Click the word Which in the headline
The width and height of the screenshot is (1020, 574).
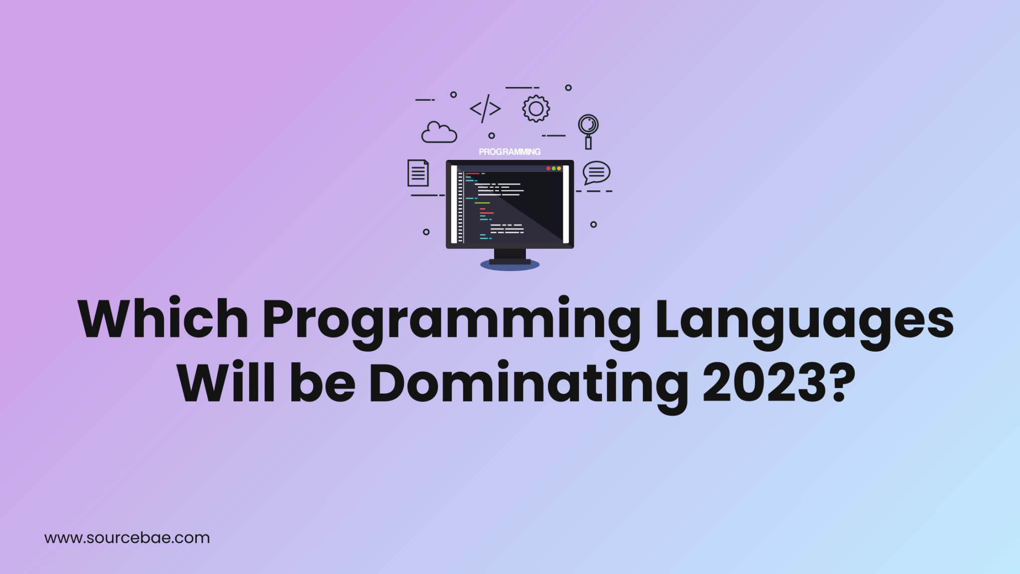(163, 319)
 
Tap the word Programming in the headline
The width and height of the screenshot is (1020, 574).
(451, 321)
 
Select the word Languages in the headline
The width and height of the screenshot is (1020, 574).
(804, 321)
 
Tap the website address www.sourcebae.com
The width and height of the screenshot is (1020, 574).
(127, 538)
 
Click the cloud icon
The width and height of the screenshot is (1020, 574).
(439, 133)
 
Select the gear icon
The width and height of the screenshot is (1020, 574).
(536, 109)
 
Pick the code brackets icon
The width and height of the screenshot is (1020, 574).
(485, 109)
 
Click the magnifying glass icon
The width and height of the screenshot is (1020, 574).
(588, 131)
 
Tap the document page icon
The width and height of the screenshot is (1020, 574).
(418, 173)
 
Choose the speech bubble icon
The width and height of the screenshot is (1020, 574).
(596, 172)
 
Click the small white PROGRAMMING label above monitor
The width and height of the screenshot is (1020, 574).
(510, 151)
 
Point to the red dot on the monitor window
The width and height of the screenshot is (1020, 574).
(548, 168)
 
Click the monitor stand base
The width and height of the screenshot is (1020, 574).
(510, 264)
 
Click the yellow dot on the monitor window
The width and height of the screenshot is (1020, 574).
(559, 168)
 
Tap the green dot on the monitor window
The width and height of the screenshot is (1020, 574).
(554, 168)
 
